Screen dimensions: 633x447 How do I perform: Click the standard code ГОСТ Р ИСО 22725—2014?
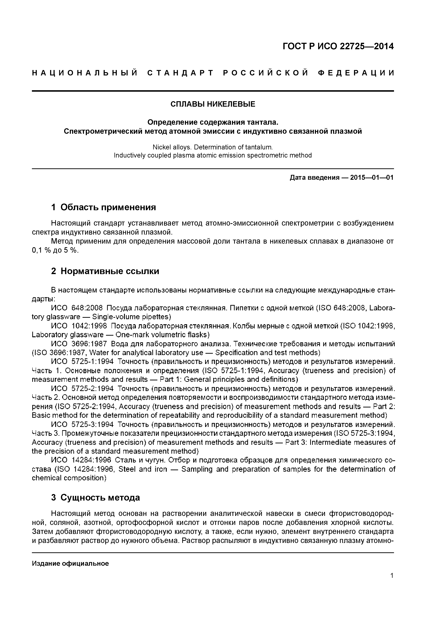338,46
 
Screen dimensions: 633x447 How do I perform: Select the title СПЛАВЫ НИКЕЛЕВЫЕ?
213,104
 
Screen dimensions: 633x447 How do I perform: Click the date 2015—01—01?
372,178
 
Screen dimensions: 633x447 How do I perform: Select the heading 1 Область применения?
104,207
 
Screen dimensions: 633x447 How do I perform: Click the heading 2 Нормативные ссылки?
105,271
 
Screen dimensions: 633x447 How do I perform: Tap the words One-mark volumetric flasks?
163,335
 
